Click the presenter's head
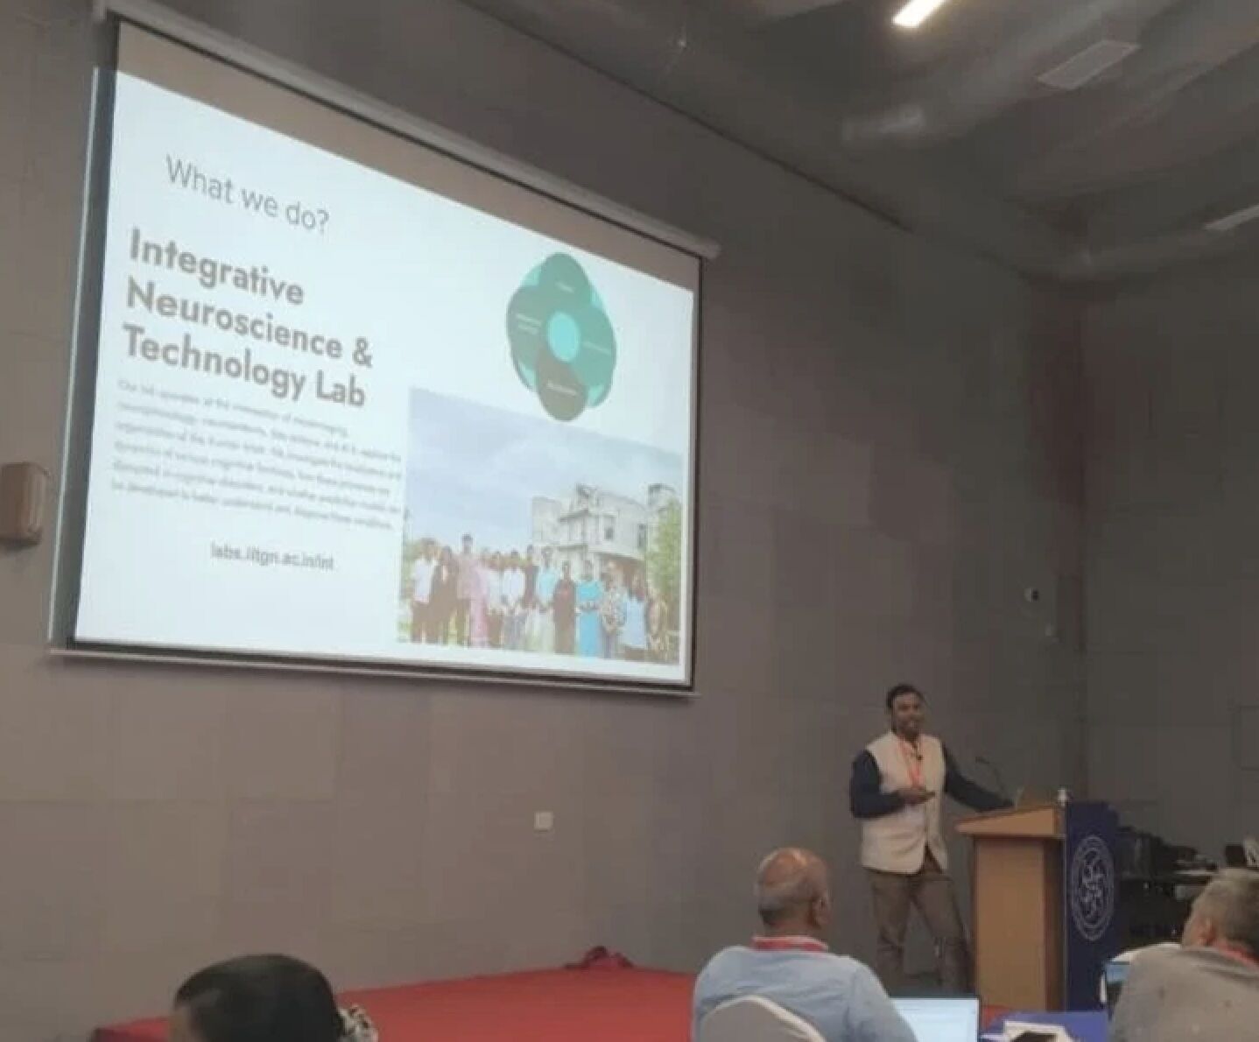[x=904, y=710]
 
